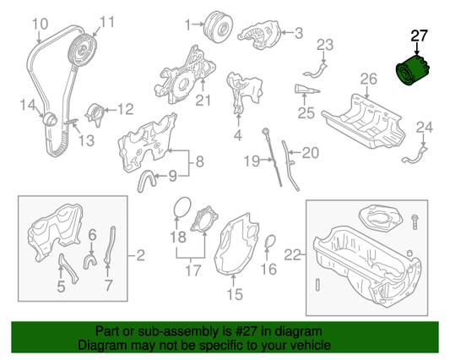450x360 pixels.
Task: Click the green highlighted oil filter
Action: (412, 71)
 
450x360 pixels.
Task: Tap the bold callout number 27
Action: (419, 35)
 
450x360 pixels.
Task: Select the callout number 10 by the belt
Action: (40, 24)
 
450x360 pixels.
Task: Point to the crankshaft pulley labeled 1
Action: (218, 27)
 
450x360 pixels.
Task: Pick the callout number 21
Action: (203, 101)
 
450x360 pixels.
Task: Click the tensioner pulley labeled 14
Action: (50, 119)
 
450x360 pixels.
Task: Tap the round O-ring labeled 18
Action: (182, 207)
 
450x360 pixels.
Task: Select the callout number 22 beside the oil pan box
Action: (292, 255)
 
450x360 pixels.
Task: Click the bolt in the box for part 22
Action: (415, 221)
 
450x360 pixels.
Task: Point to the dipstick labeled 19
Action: (272, 157)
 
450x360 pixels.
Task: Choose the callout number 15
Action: (235, 294)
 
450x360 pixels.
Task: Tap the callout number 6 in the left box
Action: (92, 235)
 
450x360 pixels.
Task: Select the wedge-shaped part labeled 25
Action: (306, 89)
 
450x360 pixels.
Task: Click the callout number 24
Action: (425, 128)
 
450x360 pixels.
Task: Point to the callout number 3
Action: (299, 33)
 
